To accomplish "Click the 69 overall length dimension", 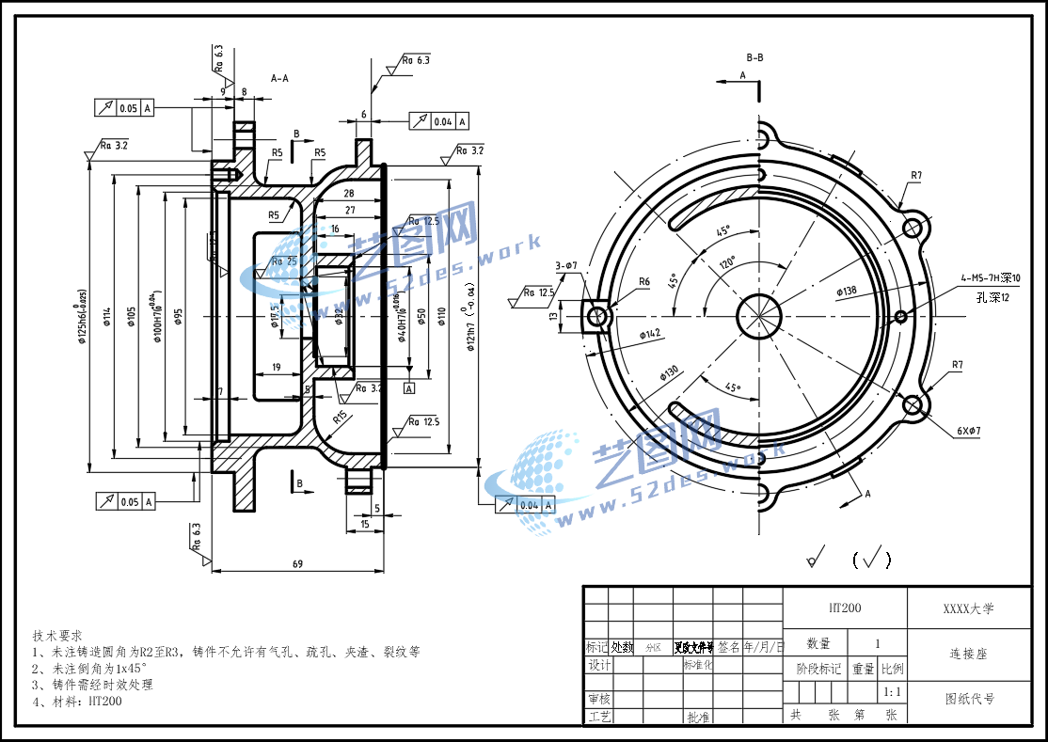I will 297,564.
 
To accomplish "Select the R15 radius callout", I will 341,415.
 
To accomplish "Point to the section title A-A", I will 279,78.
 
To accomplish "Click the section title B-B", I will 754,57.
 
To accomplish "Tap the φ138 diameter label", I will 846,292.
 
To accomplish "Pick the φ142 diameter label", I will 650,334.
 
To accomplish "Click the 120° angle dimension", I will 727,264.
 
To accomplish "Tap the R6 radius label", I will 644,281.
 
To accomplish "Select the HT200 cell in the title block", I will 844,608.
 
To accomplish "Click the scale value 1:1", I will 892,693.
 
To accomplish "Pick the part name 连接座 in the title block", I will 968,653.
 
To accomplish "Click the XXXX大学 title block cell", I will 968,608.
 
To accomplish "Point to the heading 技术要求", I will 58,635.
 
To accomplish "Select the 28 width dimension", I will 349,193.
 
